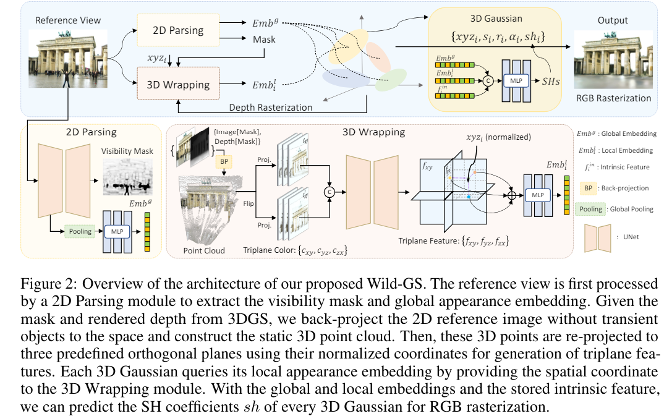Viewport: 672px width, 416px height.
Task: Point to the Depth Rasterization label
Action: [x=270, y=107]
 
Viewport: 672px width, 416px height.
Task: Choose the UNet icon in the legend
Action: [x=596, y=236]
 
